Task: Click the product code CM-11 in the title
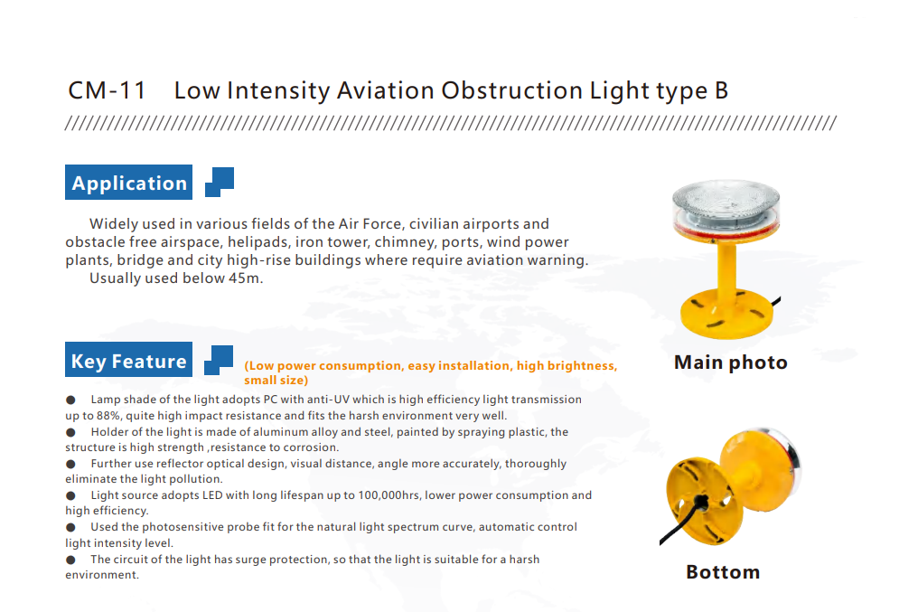[108, 90]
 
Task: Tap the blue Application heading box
[128, 183]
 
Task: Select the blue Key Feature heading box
[128, 360]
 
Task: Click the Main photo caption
[730, 362]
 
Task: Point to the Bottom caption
[723, 572]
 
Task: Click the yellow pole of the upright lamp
[726, 267]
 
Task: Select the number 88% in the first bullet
[108, 415]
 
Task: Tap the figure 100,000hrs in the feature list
[389, 495]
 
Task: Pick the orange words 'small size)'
[276, 381]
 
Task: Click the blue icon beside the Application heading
[220, 182]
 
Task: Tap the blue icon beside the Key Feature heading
[219, 360]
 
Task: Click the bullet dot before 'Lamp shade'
[70, 400]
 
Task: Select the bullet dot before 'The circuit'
[70, 560]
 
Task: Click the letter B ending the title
[721, 90]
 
